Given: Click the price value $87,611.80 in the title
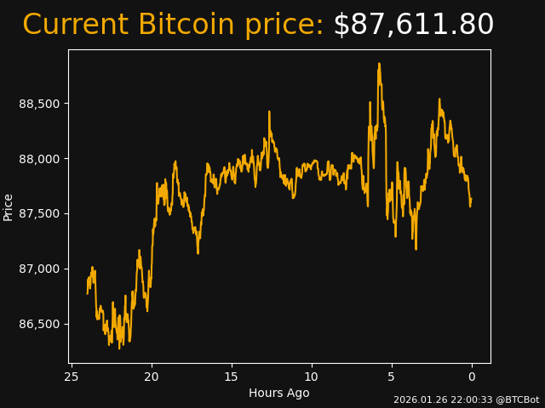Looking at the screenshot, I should point(413,25).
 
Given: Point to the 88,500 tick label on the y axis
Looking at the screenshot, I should point(39,104).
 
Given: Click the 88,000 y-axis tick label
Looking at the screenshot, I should point(39,159).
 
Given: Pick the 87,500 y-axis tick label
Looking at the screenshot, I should point(39,213).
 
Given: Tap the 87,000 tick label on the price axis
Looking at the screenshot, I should point(39,269).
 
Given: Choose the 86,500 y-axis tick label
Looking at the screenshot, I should point(39,324).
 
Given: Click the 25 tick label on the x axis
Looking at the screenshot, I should point(72,377).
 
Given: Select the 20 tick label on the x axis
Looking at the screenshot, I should point(152,377).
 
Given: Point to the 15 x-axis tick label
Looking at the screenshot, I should point(232,377).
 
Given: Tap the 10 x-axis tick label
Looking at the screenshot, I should point(312,377).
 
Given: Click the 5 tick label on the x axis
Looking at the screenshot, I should point(392,377).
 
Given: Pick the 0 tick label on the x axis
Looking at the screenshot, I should point(472,377).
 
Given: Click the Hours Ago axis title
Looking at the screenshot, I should point(279,393).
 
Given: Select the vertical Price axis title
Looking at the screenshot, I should point(9,207).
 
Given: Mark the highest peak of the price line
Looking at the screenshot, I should point(379,64).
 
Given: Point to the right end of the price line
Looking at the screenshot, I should point(471,201).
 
